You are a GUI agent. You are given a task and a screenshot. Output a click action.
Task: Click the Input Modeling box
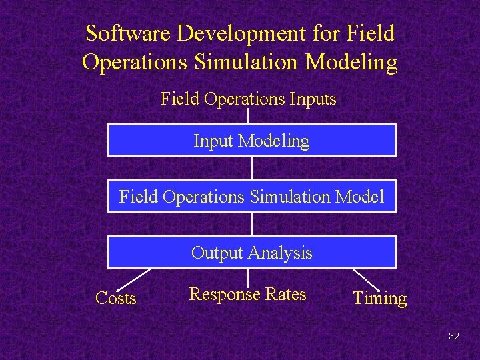pos(251,140)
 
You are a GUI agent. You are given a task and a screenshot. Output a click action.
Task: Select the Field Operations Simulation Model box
pos(251,196)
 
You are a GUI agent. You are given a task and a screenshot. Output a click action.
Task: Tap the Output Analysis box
pos(251,252)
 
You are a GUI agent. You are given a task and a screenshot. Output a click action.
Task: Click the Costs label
pos(116,298)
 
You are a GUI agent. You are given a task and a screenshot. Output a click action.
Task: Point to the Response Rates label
pos(247,294)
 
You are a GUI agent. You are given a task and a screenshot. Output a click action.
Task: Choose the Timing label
pos(379,298)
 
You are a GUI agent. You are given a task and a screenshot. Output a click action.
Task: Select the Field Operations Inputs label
pos(248,99)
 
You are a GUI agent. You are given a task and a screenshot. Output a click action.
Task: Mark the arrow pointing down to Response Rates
pos(248,277)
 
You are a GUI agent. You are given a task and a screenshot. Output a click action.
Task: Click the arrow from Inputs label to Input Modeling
pos(248,116)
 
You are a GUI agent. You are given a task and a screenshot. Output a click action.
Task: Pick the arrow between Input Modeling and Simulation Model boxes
pos(251,168)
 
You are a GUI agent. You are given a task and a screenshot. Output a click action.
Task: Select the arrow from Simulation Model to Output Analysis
pos(251,224)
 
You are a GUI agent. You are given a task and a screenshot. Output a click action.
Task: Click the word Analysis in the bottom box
pos(280,253)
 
